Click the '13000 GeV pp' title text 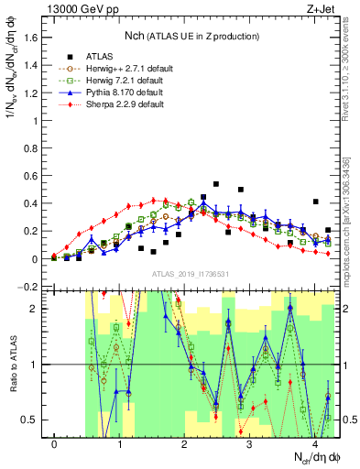78,7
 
